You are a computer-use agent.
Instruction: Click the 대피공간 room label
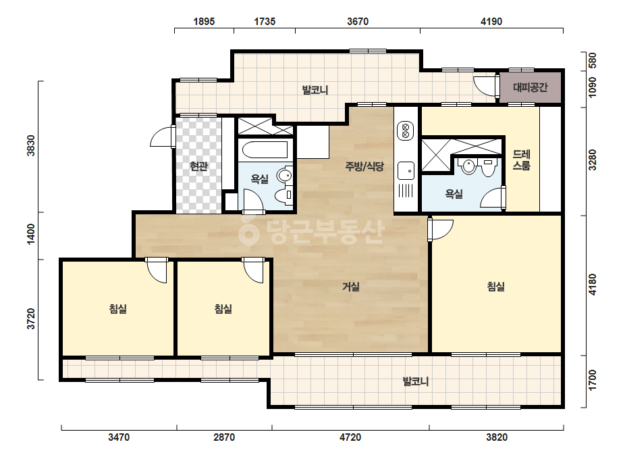pos(530,87)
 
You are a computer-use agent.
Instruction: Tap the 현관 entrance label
pos(198,166)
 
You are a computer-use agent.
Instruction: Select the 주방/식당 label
pos(364,166)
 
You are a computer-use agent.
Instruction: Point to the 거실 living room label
pos(351,286)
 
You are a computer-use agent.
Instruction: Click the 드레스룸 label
pos(521,160)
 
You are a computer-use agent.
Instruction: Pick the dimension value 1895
pos(204,22)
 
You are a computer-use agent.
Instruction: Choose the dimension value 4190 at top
pos(491,22)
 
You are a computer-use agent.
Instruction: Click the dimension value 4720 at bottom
pos(350,437)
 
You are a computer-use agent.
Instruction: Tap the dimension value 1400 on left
pos(31,234)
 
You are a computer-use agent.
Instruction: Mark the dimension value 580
pos(593,61)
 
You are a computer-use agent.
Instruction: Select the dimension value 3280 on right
pos(593,160)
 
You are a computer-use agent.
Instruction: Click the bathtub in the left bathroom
pos(265,150)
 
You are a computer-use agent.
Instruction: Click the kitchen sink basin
pos(406,171)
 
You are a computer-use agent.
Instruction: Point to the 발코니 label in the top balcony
pos(315,90)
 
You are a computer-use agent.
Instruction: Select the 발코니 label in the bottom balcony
pos(416,381)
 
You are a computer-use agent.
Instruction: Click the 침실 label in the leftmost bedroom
pos(118,308)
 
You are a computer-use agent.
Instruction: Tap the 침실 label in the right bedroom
pos(496,286)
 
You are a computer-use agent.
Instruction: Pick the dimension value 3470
pos(119,437)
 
